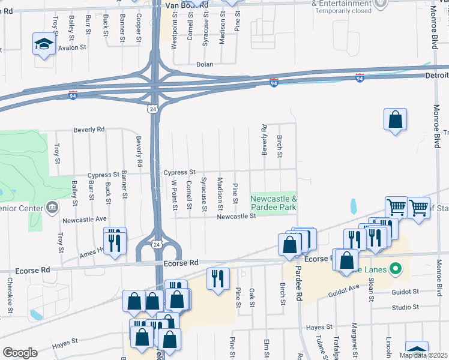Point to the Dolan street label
tap(205, 64)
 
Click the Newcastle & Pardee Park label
tap(274, 203)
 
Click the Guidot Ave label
tap(343, 291)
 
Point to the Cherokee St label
tap(10, 293)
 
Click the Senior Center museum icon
tap(52, 208)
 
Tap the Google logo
tap(20, 353)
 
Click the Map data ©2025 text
tap(423, 355)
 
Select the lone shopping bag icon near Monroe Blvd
tap(396, 119)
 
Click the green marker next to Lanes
tap(395, 268)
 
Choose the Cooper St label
tap(139, 24)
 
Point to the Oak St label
tap(252, 297)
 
